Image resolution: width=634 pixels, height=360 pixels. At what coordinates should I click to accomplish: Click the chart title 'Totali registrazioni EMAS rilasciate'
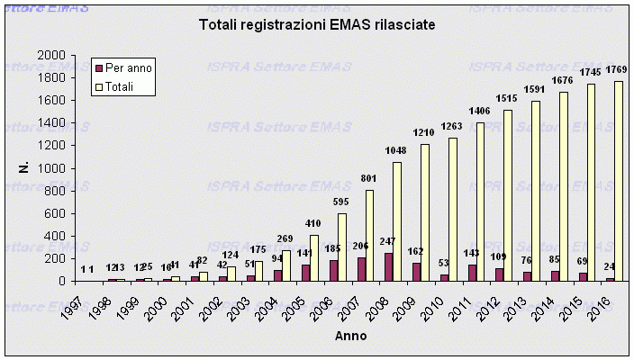[x=317, y=25]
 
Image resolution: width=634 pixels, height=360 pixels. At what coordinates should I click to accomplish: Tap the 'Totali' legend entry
[x=122, y=86]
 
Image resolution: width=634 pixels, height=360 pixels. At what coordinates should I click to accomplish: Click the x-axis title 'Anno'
[x=352, y=336]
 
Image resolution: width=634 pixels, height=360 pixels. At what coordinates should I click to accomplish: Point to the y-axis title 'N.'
[x=25, y=167]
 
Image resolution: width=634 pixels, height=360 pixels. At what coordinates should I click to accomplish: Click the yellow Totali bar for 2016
[x=619, y=181]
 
